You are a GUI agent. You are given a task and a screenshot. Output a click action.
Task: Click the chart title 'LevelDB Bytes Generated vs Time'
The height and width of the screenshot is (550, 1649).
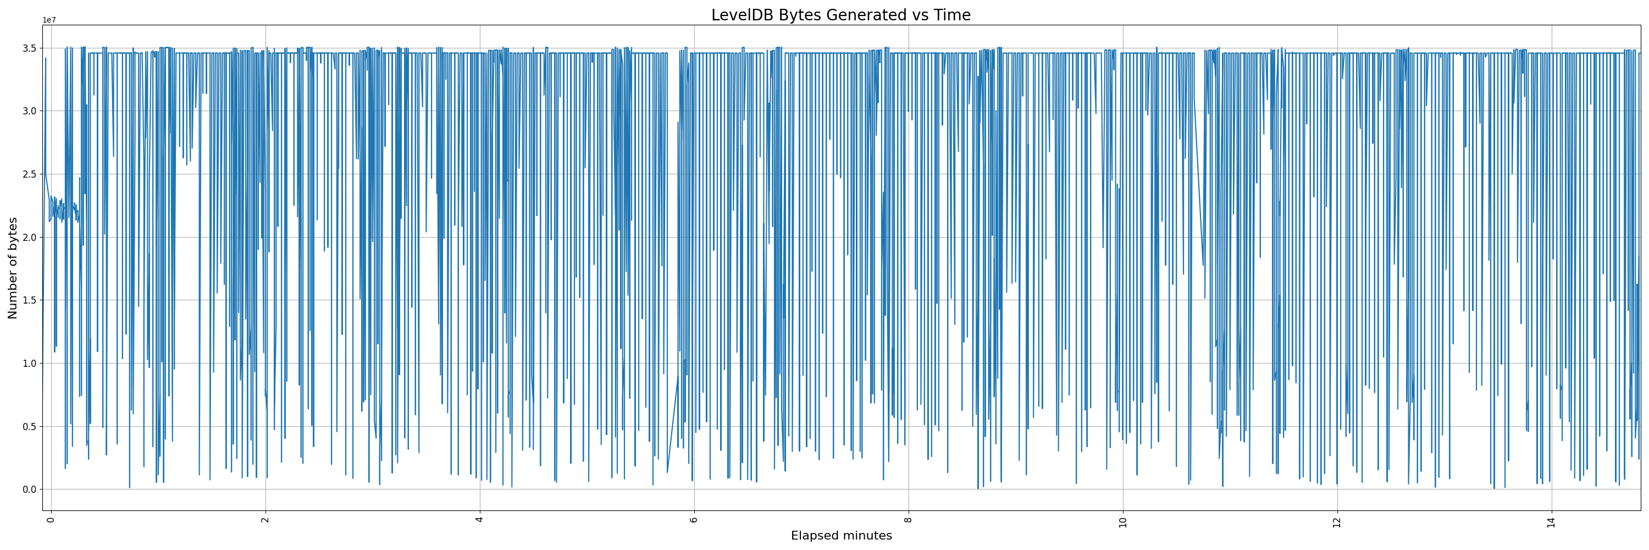pos(840,15)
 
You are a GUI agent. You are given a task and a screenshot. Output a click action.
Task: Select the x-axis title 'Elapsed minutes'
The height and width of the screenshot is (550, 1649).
pos(841,536)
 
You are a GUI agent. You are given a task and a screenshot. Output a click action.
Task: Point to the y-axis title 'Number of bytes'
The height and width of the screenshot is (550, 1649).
pos(13,268)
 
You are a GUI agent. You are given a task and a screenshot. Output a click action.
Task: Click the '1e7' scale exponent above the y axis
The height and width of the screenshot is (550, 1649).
pos(49,20)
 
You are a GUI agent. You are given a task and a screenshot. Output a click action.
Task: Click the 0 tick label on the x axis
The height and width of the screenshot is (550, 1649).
pos(51,519)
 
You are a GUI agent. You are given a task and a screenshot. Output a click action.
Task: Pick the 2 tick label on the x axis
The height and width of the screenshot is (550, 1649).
pos(265,519)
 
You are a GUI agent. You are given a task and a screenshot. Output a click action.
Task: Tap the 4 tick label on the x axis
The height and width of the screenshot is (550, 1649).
pos(479,519)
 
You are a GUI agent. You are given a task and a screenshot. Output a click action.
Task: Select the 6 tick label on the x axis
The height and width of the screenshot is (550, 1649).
pos(694,519)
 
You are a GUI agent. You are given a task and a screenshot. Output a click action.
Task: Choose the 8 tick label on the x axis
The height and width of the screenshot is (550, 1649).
pos(909,519)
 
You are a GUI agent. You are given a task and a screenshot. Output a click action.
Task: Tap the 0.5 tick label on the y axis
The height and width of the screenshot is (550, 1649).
pos(30,426)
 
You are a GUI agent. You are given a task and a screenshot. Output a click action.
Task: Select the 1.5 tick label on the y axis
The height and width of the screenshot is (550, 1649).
pos(30,300)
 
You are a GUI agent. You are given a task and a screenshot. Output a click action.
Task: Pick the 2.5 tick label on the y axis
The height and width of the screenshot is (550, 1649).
pos(30,174)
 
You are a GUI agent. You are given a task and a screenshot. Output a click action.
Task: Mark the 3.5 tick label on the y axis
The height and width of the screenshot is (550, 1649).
pos(30,48)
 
